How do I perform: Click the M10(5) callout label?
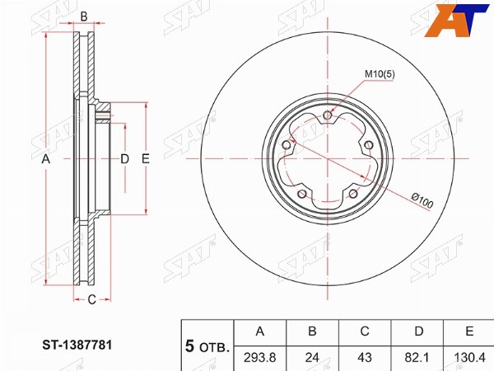click(380, 74)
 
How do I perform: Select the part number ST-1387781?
click(77, 345)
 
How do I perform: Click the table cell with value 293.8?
click(260, 358)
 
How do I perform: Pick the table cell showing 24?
click(312, 358)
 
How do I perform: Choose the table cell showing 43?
click(365, 358)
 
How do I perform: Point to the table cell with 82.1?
click(417, 358)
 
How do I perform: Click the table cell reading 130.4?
click(468, 358)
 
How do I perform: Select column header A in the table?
click(260, 331)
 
